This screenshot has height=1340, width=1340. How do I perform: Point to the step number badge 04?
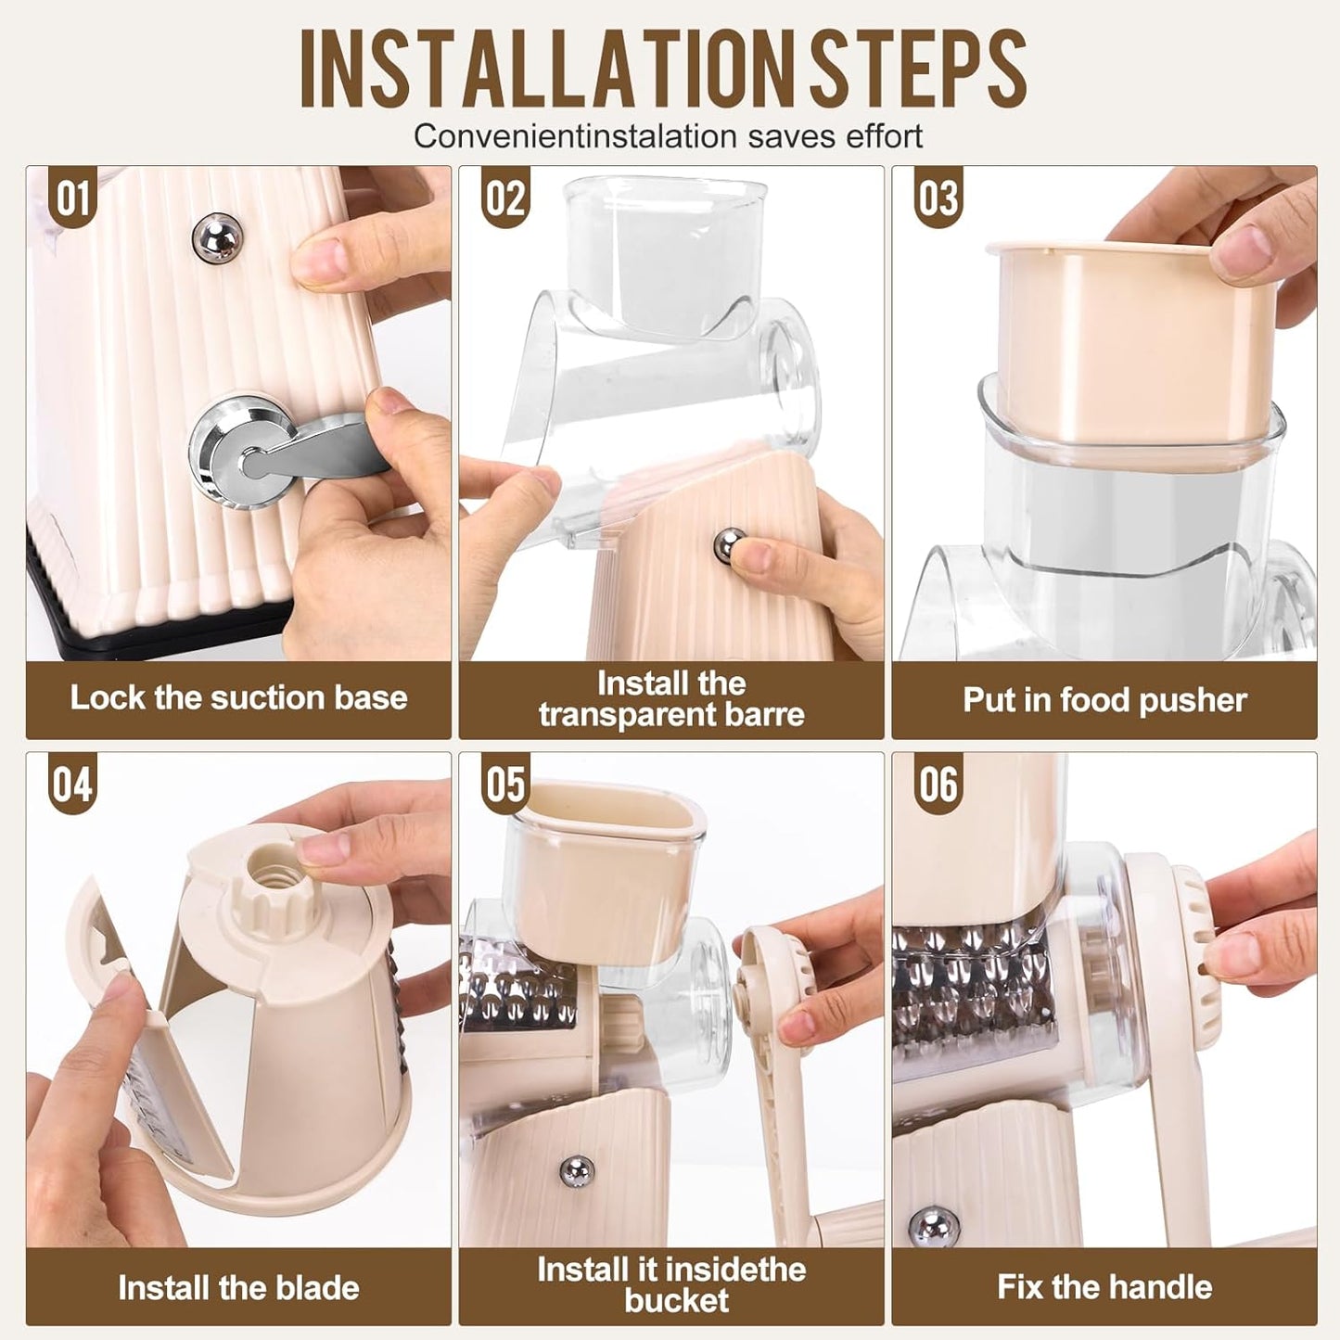pos(73,785)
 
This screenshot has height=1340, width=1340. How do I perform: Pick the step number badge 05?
pos(505,785)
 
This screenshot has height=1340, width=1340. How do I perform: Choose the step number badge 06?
pos(938,785)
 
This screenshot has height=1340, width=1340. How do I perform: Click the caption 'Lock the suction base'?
pos(238,697)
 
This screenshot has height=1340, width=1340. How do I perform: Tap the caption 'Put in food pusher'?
pos(1104,699)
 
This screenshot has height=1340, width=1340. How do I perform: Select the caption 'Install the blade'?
pos(238,1287)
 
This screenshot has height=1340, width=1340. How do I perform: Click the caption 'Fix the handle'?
pos(1104,1286)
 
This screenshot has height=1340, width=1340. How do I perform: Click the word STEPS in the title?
pos(918,70)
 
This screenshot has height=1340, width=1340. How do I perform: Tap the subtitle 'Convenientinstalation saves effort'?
pos(668,136)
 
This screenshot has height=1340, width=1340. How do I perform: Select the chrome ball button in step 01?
pos(218,238)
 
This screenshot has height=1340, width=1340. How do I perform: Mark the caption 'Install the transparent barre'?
pos(670,699)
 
